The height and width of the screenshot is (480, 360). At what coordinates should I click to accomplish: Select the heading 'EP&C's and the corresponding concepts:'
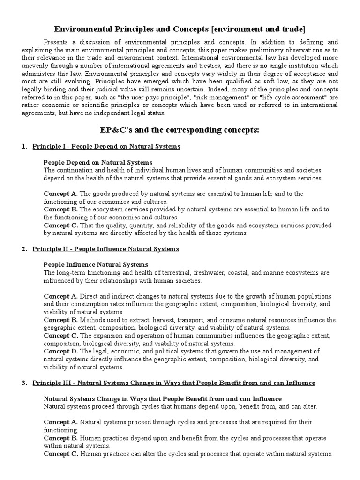[x=180, y=130]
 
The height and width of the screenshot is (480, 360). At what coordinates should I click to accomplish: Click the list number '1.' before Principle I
[x=24, y=147]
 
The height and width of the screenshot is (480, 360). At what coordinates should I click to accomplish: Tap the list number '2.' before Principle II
[x=24, y=249]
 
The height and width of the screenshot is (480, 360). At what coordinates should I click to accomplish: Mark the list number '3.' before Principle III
[x=24, y=383]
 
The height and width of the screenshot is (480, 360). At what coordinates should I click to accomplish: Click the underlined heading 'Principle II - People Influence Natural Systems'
[x=105, y=249]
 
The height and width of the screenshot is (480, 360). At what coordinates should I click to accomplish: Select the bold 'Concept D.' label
[x=61, y=351]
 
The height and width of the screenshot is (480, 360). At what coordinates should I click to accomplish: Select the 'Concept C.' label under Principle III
[x=61, y=454]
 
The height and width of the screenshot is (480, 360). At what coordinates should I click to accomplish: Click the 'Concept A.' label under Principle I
[x=61, y=194]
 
